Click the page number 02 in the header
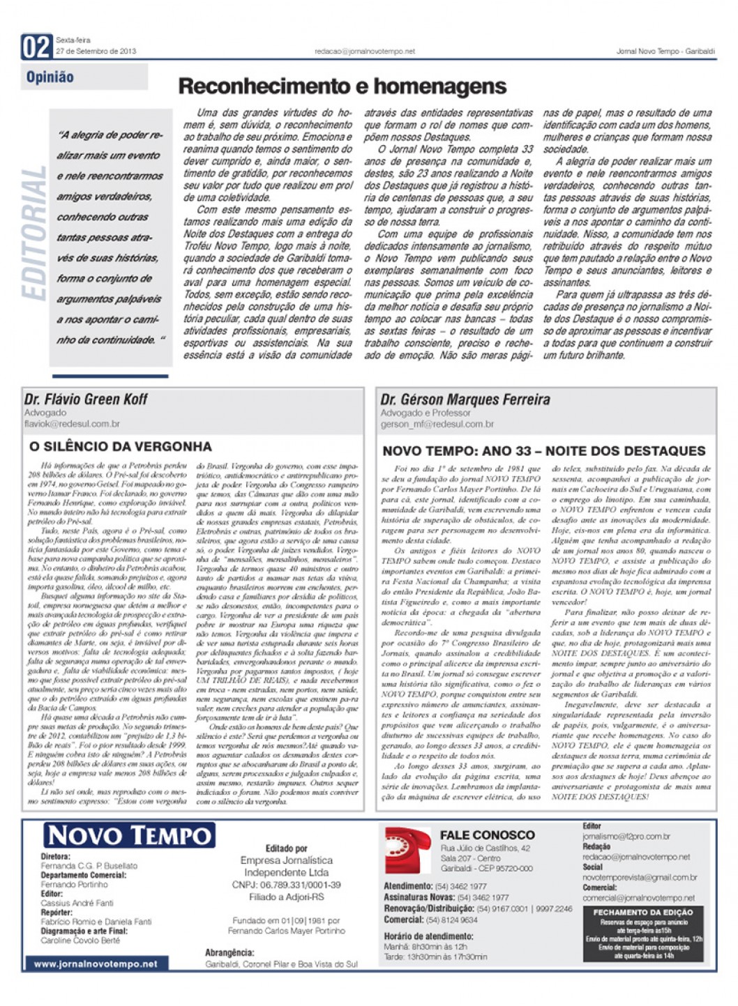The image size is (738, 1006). coord(36,47)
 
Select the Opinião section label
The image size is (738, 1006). coord(50,77)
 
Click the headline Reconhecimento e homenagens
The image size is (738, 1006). coord(342,86)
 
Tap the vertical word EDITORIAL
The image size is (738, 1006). coord(34,234)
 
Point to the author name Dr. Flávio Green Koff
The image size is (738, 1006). coord(86,399)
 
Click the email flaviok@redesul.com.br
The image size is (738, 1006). coord(72,423)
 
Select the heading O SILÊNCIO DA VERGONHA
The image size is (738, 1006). coord(120,446)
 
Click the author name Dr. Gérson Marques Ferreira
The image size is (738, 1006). coord(465,400)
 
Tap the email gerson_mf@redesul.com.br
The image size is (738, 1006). coord(437,424)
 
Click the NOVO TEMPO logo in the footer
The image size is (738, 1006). coord(129,835)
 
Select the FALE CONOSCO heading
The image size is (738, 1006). coord(487,835)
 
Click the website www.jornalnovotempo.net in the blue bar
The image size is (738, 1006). coord(96,964)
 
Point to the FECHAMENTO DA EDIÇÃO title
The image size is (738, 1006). coord(642,912)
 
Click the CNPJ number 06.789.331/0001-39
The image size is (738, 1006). coord(286,885)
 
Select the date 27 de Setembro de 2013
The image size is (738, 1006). coord(96,51)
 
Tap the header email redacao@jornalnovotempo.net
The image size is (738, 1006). coord(364,51)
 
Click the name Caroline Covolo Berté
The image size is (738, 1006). coord(80,940)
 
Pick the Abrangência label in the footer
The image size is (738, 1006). coord(229,952)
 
